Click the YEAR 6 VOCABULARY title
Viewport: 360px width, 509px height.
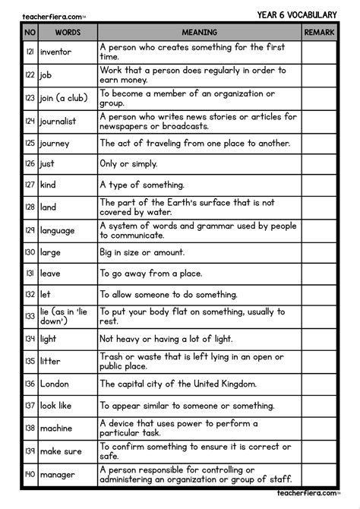296,13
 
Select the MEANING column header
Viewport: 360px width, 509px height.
199,33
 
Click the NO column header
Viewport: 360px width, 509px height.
30,33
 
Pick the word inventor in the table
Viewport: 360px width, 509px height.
56,52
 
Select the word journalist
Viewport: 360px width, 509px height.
59,121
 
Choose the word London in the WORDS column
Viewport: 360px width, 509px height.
54,384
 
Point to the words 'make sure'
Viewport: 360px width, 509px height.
61,451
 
